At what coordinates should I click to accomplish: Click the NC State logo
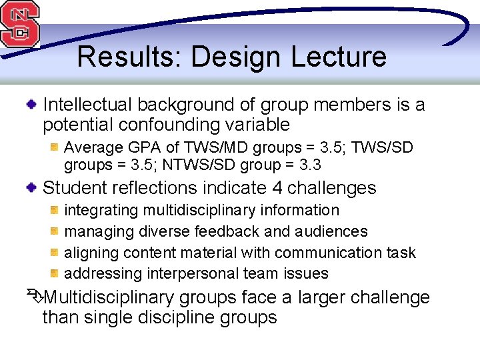tap(19, 23)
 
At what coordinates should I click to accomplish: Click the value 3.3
tap(309, 164)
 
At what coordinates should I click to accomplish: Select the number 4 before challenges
tap(279, 188)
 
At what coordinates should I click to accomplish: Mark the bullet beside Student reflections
tap(31, 189)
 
